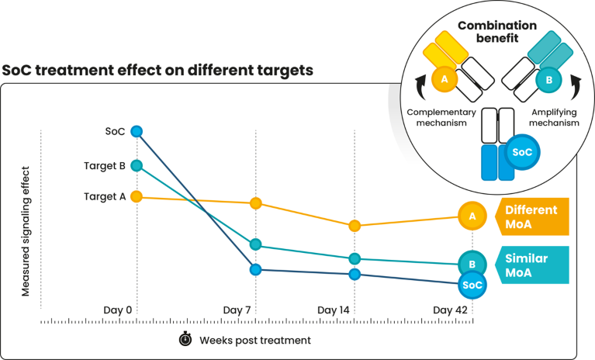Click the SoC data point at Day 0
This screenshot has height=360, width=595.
[137, 131]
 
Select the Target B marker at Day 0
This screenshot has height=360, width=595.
[137, 165]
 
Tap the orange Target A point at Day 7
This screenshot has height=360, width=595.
[256, 203]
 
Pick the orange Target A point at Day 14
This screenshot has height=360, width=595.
[355, 226]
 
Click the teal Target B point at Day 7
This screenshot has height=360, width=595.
[256, 245]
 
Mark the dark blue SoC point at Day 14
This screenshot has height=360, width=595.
[355, 274]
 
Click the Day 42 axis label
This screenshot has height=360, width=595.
[451, 310]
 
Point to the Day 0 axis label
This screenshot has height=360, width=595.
[118, 310]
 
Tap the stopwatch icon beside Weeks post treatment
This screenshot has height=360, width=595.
[185, 339]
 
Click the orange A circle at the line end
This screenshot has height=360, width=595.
[472, 216]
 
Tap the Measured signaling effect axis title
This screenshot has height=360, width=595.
[25, 230]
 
